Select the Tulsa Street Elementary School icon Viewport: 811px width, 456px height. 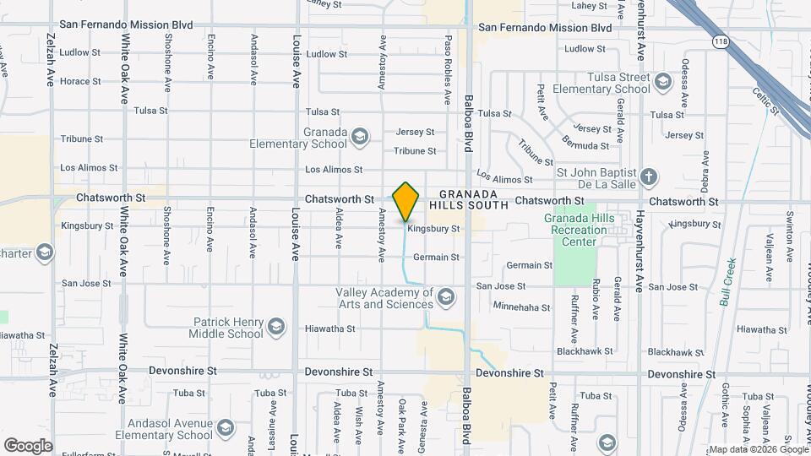(x=662, y=82)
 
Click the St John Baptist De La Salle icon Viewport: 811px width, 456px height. (x=649, y=177)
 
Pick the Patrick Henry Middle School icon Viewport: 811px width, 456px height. (x=276, y=327)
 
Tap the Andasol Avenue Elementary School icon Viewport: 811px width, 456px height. (x=225, y=428)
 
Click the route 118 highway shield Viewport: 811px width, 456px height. (x=721, y=41)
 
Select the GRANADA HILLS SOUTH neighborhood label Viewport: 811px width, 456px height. (x=469, y=199)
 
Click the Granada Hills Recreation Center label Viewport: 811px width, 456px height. (x=579, y=230)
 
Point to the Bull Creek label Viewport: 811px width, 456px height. (x=730, y=282)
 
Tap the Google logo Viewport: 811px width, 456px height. (x=28, y=445)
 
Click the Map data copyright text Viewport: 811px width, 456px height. (x=758, y=449)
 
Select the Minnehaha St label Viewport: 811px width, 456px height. (x=522, y=307)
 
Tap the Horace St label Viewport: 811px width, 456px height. (x=81, y=82)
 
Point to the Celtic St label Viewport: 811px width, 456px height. (x=765, y=100)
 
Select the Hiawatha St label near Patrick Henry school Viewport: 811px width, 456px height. (x=330, y=328)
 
